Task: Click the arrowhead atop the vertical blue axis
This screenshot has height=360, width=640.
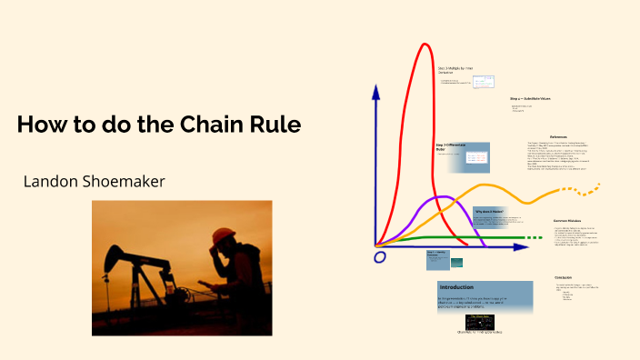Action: [x=375, y=93]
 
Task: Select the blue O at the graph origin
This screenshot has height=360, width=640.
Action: [x=380, y=257]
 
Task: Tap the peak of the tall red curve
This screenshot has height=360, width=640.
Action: [x=424, y=45]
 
